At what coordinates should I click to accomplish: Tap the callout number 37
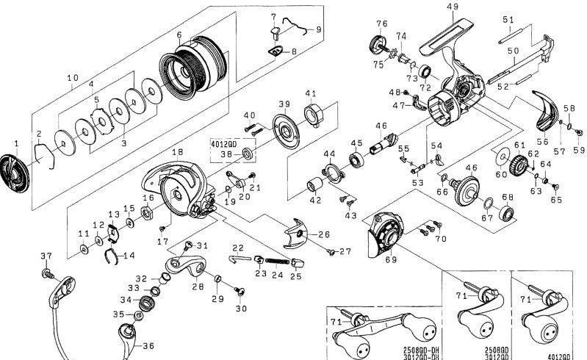coord(46,255)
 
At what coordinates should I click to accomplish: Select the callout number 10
coord(72,77)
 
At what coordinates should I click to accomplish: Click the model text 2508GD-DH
coord(422,350)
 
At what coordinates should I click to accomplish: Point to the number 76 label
coord(381,24)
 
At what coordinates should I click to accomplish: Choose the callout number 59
coord(577,151)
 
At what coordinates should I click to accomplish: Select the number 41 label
coord(311,93)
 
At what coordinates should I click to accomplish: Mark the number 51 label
coord(508,19)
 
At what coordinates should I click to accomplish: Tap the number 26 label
coord(323,234)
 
